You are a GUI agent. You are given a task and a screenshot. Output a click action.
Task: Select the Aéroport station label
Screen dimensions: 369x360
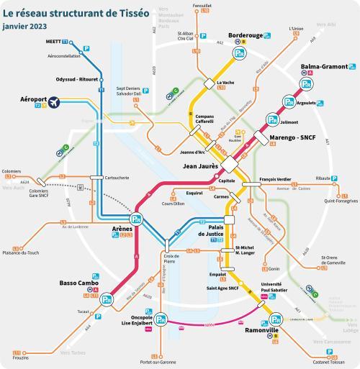pos(33,99)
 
